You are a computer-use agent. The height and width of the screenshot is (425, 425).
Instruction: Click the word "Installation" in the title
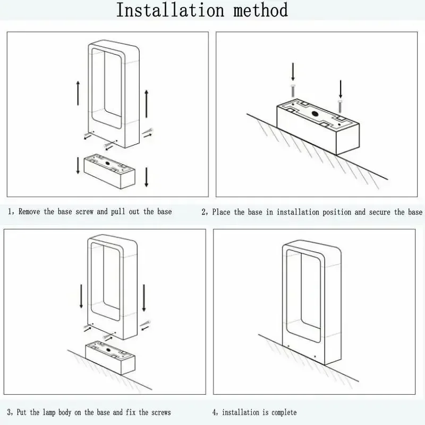[x=170, y=10]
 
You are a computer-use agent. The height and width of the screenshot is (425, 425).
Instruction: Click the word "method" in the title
[x=260, y=10]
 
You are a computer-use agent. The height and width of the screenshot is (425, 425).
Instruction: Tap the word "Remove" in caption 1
[x=29, y=211]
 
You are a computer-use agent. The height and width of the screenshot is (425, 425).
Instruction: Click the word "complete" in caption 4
[x=284, y=413]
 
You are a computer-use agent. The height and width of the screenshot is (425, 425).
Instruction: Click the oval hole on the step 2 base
[x=316, y=114]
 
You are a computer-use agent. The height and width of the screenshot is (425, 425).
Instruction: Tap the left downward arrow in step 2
[x=293, y=72]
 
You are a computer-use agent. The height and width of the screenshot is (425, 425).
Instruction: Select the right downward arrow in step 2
[x=341, y=89]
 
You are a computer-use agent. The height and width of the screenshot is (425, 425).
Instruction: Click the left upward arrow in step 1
[x=78, y=93]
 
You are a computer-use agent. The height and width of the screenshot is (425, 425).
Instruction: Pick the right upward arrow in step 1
[x=147, y=104]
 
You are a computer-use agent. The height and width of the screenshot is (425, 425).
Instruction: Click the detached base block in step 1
[x=109, y=171]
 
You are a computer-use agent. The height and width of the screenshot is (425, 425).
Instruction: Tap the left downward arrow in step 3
[x=81, y=296]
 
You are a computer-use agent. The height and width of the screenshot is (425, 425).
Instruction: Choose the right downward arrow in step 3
[x=144, y=297]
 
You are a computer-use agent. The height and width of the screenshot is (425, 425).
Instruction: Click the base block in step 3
[x=110, y=358]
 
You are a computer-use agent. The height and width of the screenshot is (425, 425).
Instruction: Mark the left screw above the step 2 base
[x=293, y=91]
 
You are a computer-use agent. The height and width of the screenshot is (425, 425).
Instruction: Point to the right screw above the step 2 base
[x=340, y=107]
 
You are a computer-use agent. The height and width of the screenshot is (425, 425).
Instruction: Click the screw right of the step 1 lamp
[x=148, y=131]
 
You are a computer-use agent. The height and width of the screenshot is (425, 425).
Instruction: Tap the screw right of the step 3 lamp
[x=146, y=324]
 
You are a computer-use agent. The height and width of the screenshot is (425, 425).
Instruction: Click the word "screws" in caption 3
[x=161, y=413]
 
